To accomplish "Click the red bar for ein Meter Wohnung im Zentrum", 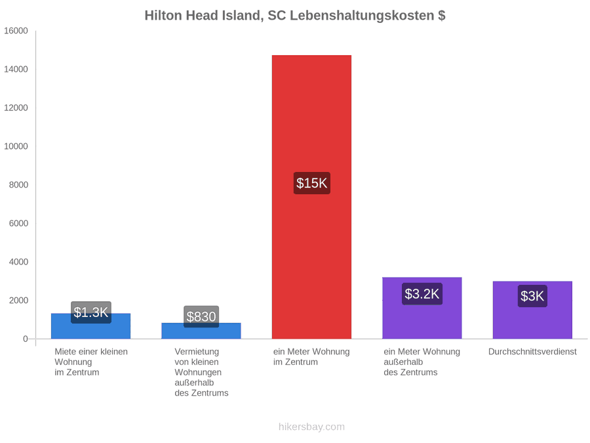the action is tap(311, 197).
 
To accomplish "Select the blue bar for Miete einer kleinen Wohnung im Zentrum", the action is tap(90, 326).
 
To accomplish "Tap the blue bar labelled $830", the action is tap(201, 331).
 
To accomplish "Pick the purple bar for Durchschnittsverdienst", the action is tap(532, 310).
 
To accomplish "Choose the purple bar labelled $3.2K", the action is tap(422, 308).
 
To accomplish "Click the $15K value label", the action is tap(312, 183).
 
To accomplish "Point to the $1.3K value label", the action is tap(91, 312).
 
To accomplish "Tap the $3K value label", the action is tap(532, 296).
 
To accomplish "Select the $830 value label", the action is tap(201, 316).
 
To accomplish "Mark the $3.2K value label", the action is tap(422, 294).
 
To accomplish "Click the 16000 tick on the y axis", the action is tap(16, 31).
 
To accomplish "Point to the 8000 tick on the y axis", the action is tap(18, 185).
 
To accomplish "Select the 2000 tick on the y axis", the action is tap(18, 301).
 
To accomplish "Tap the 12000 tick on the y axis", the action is tap(16, 108).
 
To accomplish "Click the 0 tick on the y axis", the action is tap(26, 339).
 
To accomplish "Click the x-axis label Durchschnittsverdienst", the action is tap(532, 352).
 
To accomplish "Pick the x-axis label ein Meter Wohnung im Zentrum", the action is tap(311, 357).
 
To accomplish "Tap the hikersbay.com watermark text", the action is tap(311, 427).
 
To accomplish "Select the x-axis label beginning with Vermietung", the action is tap(201, 372).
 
